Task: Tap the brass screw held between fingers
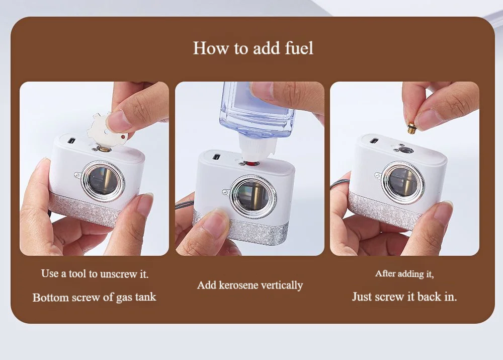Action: [x=411, y=128]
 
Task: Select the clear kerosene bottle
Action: [x=257, y=109]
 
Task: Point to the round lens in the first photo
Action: [x=103, y=181]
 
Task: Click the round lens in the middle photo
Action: [x=253, y=196]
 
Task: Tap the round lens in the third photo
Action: [x=403, y=182]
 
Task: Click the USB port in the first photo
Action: [x=72, y=140]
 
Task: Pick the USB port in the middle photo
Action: [x=217, y=158]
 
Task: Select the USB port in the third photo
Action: [x=374, y=140]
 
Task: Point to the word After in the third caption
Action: [x=385, y=273]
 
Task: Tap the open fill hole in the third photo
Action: [x=406, y=150]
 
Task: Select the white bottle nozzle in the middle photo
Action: [x=257, y=149]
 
